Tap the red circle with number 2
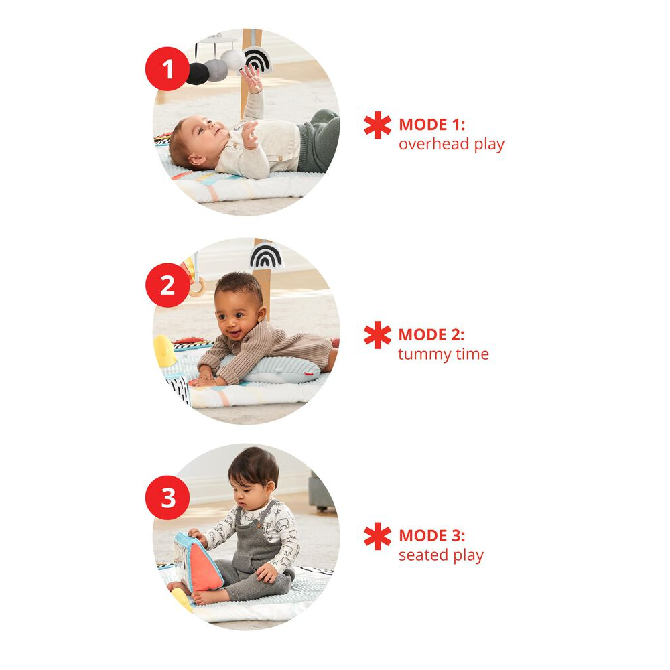(x=167, y=286)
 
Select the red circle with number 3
(x=167, y=498)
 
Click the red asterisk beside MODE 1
(x=377, y=126)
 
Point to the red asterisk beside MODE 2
(x=377, y=336)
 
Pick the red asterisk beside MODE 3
(x=377, y=537)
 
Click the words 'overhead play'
(x=451, y=144)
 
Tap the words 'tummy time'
(x=443, y=354)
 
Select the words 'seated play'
(x=440, y=555)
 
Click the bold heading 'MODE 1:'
(x=431, y=125)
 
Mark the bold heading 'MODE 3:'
(x=431, y=536)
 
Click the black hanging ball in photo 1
(x=196, y=73)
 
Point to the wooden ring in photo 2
(x=197, y=288)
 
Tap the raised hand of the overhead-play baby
(x=251, y=77)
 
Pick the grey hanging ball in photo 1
(x=216, y=70)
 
